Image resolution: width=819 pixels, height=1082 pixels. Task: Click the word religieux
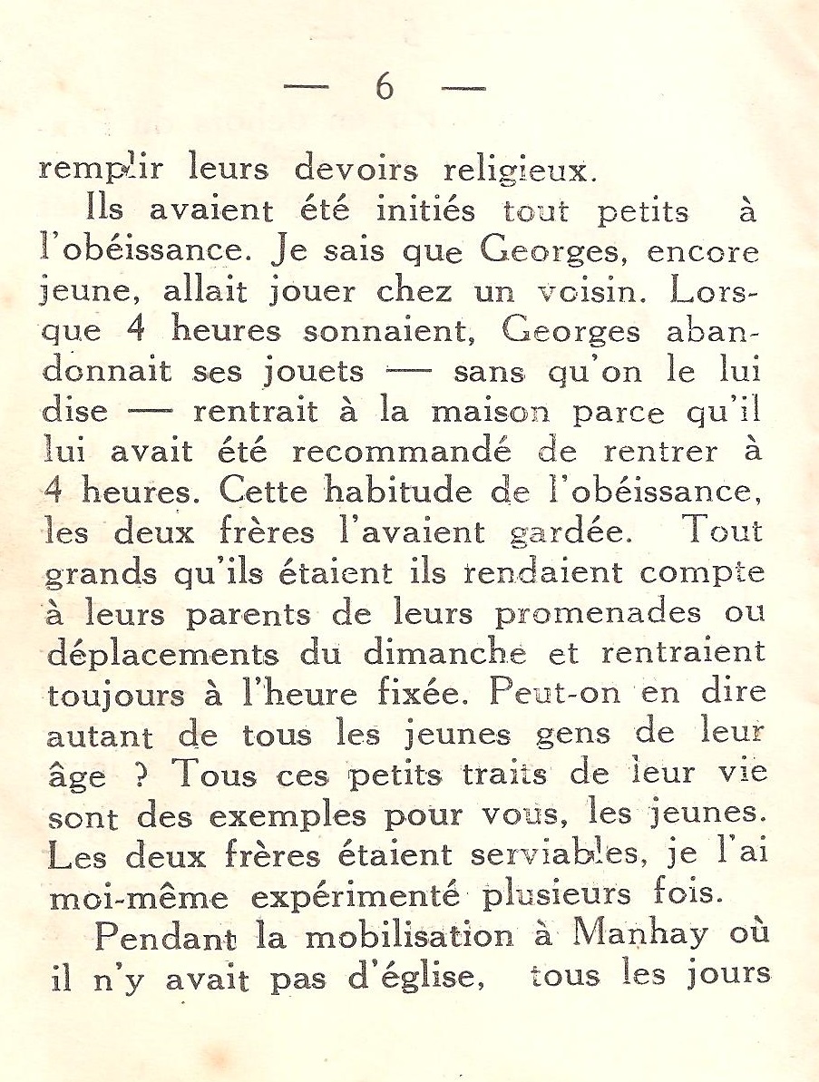[520, 171]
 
